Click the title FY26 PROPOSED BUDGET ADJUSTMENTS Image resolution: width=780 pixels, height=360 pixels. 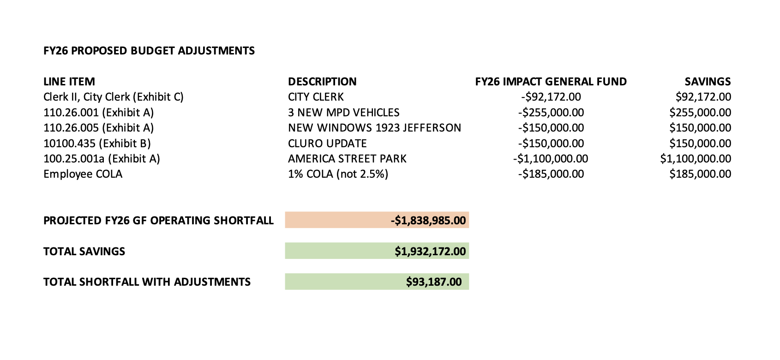pyautogui.click(x=149, y=51)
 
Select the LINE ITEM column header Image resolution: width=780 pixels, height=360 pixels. pyautogui.click(x=69, y=82)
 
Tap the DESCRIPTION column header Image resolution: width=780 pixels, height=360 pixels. pyautogui.click(x=322, y=82)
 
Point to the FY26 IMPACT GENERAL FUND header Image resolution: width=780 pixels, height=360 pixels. pyautogui.click(x=551, y=82)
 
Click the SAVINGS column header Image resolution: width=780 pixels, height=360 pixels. pyautogui.click(x=708, y=82)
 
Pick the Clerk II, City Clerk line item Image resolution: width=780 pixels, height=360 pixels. pyautogui.click(x=113, y=97)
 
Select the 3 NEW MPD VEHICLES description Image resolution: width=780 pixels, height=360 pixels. pyautogui.click(x=343, y=113)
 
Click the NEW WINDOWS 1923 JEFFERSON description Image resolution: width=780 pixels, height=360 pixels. pyautogui.click(x=374, y=128)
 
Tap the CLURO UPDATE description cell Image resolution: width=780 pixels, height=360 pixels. pyautogui.click(x=327, y=144)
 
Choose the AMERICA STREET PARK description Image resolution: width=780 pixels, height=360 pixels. pyautogui.click(x=347, y=159)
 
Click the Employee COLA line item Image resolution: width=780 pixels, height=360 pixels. pyautogui.click(x=83, y=174)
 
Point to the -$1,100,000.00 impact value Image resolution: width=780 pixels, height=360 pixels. pyautogui.click(x=551, y=159)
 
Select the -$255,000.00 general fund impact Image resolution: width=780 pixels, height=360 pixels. pyautogui.click(x=551, y=113)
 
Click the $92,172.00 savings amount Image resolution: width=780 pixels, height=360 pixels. pyautogui.click(x=703, y=97)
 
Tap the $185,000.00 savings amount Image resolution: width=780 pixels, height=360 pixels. pyautogui.click(x=700, y=174)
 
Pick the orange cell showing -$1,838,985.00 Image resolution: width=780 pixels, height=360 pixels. pyautogui.click(x=377, y=220)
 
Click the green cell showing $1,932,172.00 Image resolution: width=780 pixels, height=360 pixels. pyautogui.click(x=377, y=251)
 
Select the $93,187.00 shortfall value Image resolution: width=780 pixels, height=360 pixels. pyautogui.click(x=377, y=282)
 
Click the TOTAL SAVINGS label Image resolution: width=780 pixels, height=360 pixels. pyautogui.click(x=84, y=252)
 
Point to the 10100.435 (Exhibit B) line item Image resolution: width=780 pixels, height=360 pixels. pyautogui.click(x=97, y=144)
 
